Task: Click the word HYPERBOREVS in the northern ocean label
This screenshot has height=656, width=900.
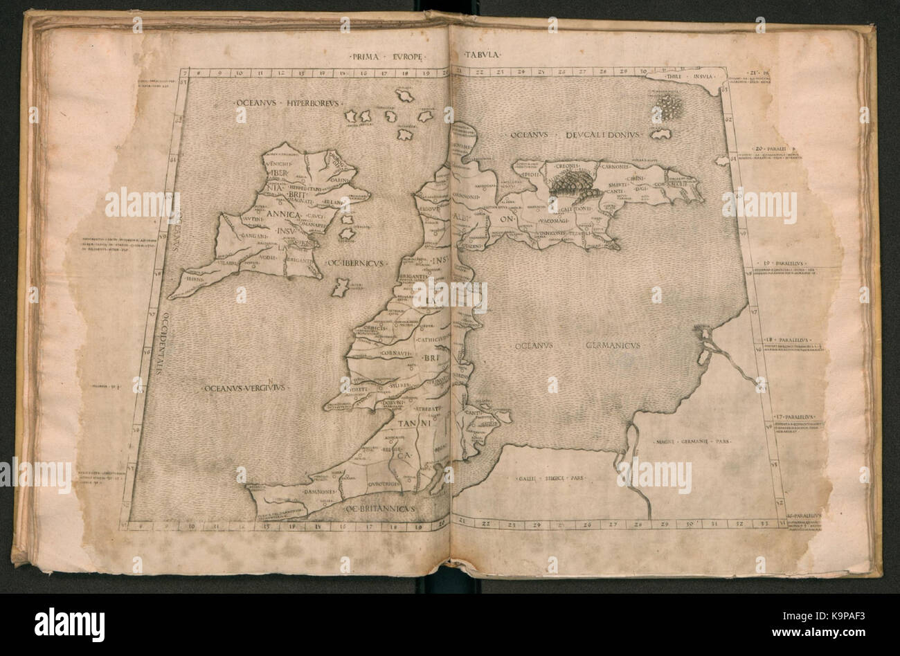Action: [x=307, y=103]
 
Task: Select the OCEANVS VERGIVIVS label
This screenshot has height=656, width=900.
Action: [x=246, y=389]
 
